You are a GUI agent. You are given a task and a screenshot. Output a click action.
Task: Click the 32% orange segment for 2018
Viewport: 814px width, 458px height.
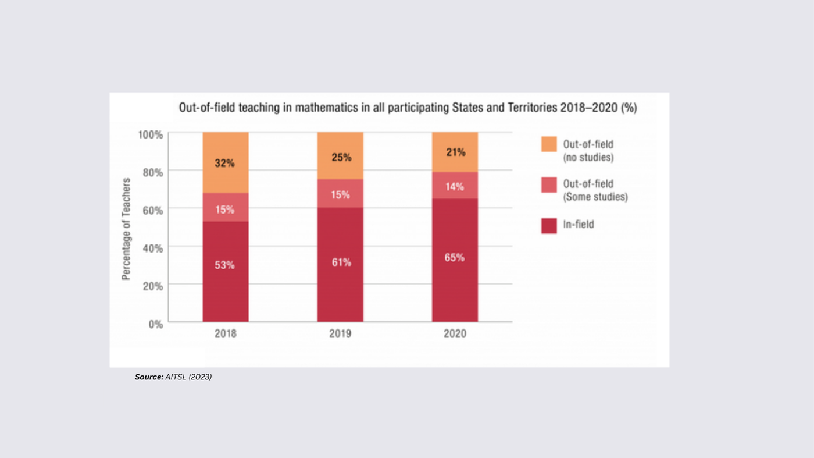click(225, 163)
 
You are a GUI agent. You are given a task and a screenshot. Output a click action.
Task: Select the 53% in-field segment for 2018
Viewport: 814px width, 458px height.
click(225, 271)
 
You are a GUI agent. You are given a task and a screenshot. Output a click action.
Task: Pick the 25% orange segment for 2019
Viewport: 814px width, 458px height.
click(340, 156)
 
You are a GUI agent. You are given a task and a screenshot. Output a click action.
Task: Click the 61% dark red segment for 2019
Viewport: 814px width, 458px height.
click(340, 265)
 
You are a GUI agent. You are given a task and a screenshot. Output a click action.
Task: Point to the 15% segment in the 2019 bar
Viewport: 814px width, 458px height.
click(340, 194)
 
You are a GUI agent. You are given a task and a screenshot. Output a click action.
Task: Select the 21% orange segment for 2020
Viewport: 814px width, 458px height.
click(455, 152)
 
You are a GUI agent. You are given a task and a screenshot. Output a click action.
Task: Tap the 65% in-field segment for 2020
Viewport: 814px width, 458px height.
click(455, 260)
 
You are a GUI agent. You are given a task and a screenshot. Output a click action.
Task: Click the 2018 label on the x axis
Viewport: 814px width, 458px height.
click(225, 335)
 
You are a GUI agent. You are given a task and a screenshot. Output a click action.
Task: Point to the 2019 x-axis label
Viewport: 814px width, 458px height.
click(340, 335)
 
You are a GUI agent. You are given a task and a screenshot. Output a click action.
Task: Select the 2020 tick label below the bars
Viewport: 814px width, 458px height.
click(455, 335)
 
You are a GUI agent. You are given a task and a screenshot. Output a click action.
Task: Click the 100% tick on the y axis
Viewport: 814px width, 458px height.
click(150, 134)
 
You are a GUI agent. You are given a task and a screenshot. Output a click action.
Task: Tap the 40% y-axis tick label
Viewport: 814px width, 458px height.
click(152, 247)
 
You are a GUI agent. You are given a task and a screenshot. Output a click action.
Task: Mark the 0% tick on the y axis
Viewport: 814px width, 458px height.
click(156, 324)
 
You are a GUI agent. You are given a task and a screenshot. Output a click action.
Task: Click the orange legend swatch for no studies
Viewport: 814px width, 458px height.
click(549, 144)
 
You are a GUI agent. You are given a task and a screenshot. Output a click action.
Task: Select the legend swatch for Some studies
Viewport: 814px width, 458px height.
click(549, 185)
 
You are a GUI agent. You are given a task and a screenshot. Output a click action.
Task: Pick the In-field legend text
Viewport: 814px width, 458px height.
click(579, 225)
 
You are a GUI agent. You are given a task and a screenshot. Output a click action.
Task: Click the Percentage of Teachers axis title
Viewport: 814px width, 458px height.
click(126, 229)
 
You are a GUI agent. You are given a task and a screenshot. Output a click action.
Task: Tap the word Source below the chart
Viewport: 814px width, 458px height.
click(149, 377)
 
